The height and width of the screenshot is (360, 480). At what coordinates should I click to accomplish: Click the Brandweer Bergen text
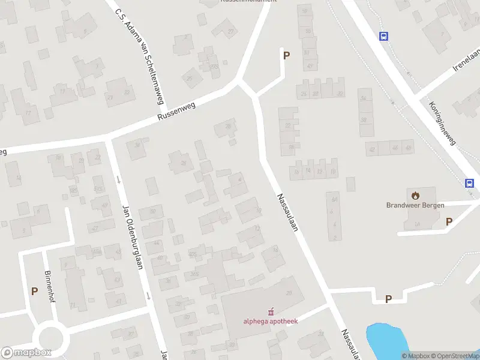(x=415, y=205)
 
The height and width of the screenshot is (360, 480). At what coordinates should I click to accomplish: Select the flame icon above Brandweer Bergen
(x=415, y=194)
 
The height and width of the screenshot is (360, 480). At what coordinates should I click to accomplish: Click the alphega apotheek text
(x=271, y=320)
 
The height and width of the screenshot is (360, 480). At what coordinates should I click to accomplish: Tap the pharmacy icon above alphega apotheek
(x=271, y=311)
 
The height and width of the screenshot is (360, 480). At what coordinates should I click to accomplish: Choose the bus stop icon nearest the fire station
(x=469, y=184)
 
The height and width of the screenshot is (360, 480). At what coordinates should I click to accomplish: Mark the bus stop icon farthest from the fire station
(x=383, y=36)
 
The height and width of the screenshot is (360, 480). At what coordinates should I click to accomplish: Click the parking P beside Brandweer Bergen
(x=449, y=222)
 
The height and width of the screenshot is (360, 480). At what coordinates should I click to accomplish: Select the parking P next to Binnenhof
(x=34, y=291)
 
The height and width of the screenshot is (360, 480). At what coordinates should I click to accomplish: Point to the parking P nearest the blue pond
(x=388, y=299)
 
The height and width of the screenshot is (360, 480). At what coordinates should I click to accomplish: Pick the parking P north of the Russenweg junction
(x=287, y=55)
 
